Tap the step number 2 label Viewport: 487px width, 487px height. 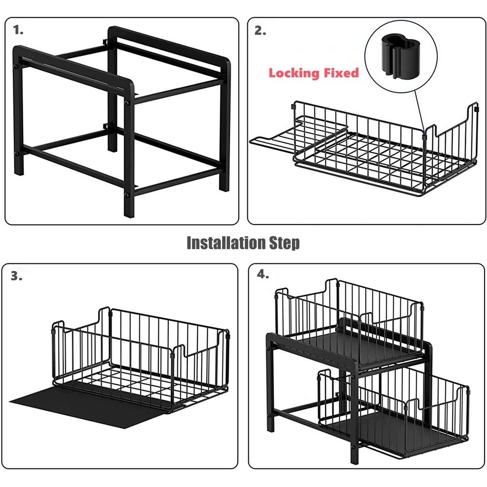tap(260, 30)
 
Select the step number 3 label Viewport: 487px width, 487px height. tap(17, 276)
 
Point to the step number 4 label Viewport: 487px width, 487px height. tap(263, 274)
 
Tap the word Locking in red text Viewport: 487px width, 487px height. tap(294, 73)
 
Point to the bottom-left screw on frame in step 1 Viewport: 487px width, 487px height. tap(17, 154)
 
